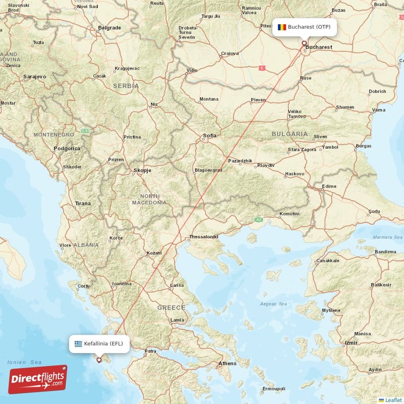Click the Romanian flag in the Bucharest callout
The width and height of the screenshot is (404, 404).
click(282, 27)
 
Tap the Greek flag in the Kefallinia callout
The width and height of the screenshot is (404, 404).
click(78, 343)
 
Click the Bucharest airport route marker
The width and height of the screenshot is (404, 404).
click(304, 43)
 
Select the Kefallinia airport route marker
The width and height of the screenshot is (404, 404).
click(99, 360)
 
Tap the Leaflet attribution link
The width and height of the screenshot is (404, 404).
click(393, 399)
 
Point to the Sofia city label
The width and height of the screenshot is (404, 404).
click(209, 135)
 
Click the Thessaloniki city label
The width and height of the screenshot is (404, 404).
click(203, 236)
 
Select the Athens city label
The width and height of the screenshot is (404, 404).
click(227, 363)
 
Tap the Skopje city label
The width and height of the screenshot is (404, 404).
click(142, 170)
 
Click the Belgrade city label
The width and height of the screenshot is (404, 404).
click(109, 27)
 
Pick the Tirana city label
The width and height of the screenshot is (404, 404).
click(83, 203)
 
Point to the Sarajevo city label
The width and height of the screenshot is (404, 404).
click(34, 76)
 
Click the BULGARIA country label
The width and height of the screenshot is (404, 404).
click(289, 134)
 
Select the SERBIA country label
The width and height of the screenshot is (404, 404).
click(126, 86)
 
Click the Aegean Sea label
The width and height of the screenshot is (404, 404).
click(273, 304)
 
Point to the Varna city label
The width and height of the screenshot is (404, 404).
click(378, 110)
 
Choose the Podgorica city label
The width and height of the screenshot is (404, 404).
click(67, 148)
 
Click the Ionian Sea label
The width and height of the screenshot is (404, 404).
click(24, 362)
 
